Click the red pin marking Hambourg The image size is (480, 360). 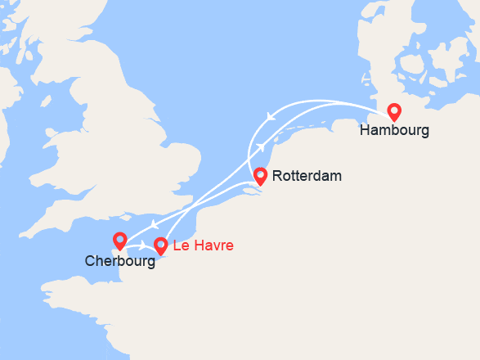click(x=394, y=112)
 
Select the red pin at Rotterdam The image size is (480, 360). click(x=260, y=175)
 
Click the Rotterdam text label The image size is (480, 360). click(x=307, y=176)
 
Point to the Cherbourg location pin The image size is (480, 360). click(x=120, y=241)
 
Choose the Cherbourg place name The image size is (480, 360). click(x=119, y=262)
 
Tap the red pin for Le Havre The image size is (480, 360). click(x=160, y=245)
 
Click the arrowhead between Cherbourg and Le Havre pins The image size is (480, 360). click(x=145, y=244)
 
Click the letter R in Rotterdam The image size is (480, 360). click(x=276, y=176)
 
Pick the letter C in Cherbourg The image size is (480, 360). click(x=89, y=262)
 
